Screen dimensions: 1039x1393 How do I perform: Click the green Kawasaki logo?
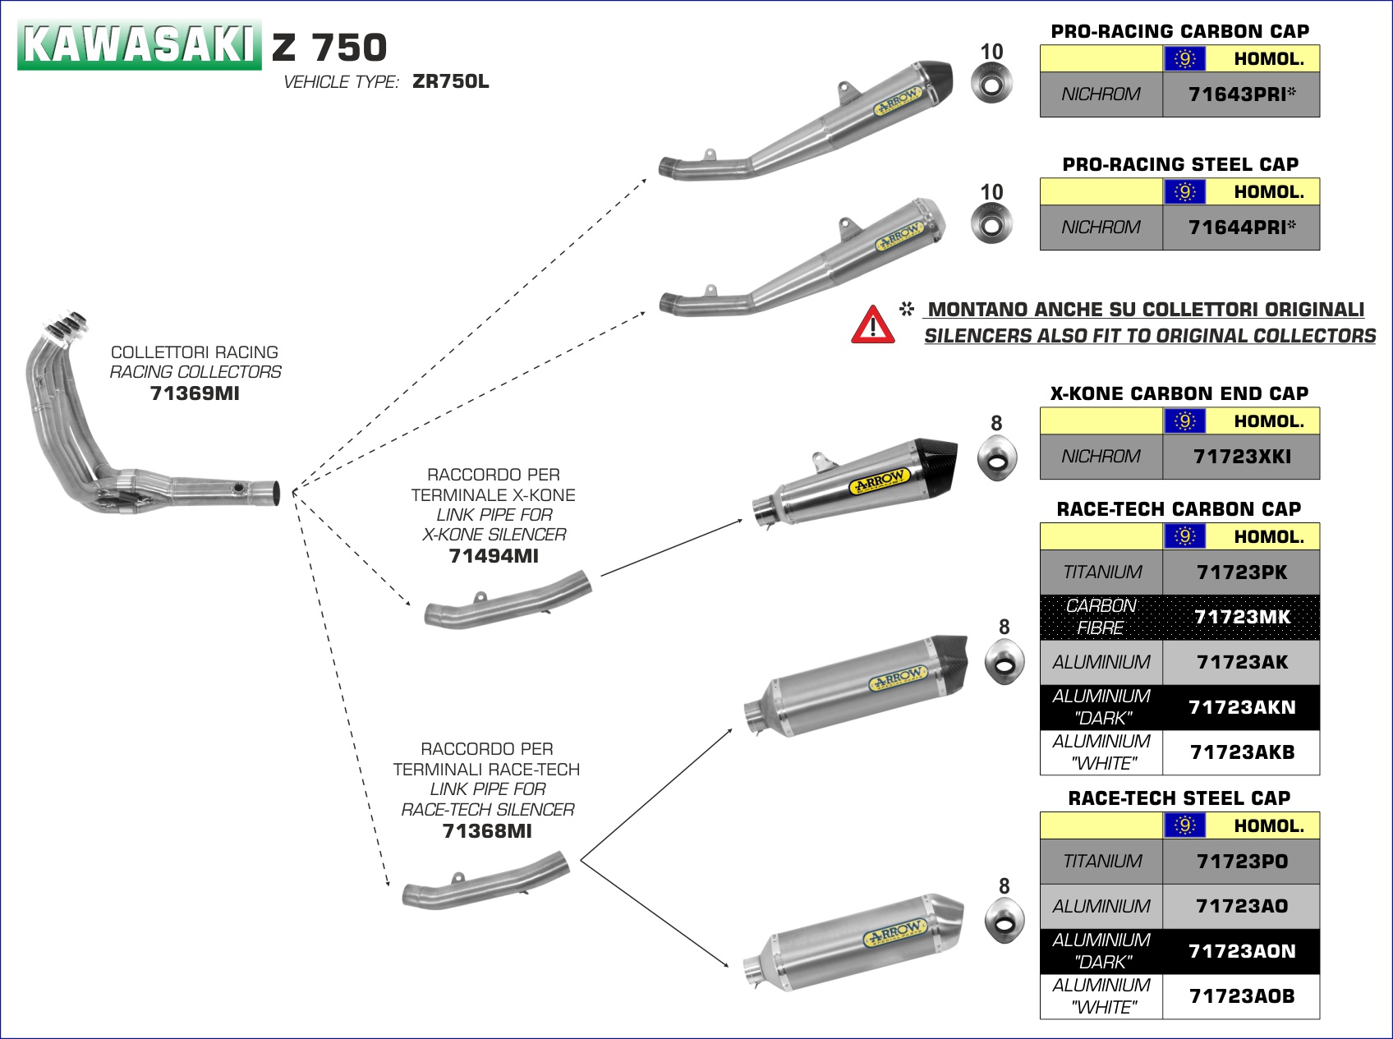point(139,44)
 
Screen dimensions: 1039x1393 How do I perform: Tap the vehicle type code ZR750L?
point(450,82)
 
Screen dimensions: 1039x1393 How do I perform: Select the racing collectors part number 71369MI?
point(195,393)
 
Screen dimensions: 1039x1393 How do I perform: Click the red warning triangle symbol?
point(872,324)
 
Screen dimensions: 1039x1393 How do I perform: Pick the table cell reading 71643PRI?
point(1241,94)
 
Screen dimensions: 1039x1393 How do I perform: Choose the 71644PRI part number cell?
point(1241,228)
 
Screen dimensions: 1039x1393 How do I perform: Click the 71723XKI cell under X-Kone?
point(1241,457)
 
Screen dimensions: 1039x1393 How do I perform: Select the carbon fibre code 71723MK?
point(1241,617)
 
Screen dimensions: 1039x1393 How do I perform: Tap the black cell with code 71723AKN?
point(1241,707)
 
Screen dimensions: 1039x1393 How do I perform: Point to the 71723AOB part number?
point(1241,996)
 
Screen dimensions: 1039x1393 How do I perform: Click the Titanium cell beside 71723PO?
point(1101,862)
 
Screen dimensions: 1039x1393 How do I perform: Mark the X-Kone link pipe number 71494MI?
point(494,556)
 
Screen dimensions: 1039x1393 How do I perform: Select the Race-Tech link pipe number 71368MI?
point(487,831)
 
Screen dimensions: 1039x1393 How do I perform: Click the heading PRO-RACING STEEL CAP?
point(1179,164)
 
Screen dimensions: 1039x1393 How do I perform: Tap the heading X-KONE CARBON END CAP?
point(1179,393)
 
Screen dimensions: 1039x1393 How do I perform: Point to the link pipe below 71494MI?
point(508,602)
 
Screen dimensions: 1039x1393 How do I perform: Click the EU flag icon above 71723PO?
point(1184,825)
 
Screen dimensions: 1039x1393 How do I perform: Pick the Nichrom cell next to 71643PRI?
point(1101,94)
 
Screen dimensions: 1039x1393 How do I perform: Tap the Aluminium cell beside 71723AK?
point(1101,662)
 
